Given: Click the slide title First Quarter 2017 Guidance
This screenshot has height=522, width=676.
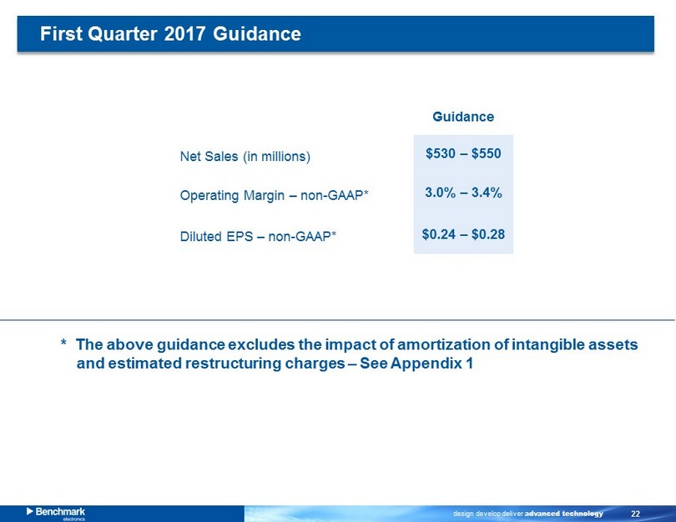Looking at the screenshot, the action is click(170, 33).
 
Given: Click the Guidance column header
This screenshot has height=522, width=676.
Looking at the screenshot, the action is click(463, 117).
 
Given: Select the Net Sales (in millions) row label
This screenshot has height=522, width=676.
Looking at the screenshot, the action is click(245, 156).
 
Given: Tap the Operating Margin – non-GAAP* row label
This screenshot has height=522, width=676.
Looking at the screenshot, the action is click(274, 195).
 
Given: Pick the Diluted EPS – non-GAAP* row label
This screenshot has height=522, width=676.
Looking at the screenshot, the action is click(258, 237).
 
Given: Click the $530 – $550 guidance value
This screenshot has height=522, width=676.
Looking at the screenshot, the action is click(463, 153).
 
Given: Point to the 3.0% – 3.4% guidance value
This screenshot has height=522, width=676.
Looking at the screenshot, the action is click(463, 192).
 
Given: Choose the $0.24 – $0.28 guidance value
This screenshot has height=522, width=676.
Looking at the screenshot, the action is click(463, 234).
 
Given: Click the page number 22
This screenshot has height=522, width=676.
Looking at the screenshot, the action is click(635, 514).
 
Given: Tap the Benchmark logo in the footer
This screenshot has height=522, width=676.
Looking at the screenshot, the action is click(56, 513).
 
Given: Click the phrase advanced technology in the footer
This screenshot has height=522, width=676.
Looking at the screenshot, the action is click(563, 514).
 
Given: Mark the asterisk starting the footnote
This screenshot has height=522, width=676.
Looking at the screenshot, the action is click(63, 343).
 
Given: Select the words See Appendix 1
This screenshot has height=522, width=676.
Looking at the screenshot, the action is click(416, 364).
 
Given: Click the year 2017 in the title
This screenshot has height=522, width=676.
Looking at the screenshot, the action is click(185, 33).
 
